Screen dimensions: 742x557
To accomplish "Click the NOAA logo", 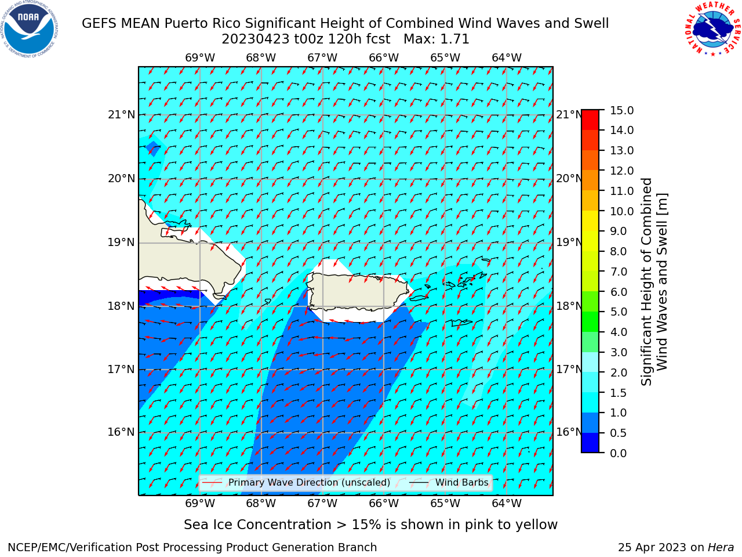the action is pyautogui.click(x=30, y=30).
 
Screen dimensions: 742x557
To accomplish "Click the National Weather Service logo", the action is pyautogui.click(x=712, y=29).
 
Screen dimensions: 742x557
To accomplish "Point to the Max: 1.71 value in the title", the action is pyautogui.click(x=437, y=39).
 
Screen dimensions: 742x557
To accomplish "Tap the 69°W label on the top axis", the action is pyautogui.click(x=200, y=58).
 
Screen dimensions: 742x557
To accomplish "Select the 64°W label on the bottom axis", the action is pyautogui.click(x=507, y=503).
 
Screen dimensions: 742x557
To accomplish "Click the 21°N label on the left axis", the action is pyautogui.click(x=121, y=115).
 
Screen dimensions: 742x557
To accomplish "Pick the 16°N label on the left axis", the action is pyautogui.click(x=121, y=432).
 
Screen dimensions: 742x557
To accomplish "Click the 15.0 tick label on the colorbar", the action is pyautogui.click(x=621, y=111).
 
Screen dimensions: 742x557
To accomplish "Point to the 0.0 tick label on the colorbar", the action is pyautogui.click(x=619, y=453).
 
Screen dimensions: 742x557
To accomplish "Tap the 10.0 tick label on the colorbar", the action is pyautogui.click(x=621, y=211).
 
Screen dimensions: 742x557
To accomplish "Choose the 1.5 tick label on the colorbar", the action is pyautogui.click(x=619, y=393).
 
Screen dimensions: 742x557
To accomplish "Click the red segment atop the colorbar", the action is pyautogui.click(x=590, y=120).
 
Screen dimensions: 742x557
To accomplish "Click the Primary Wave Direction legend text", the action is pyautogui.click(x=310, y=483).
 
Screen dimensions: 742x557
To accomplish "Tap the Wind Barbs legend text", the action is pyautogui.click(x=462, y=483).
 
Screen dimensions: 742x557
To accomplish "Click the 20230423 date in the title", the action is pyautogui.click(x=256, y=39).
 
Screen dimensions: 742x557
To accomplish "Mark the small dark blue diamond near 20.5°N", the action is pyautogui.click(x=153, y=149).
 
